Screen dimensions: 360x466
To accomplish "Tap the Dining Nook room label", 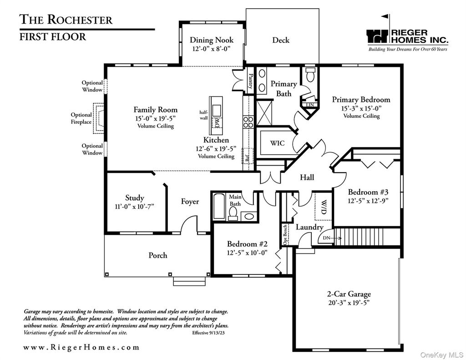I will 211,40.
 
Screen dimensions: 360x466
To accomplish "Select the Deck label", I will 281,40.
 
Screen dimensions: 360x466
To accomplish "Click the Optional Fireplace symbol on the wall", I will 99,118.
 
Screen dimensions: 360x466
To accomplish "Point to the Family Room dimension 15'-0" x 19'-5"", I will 156,118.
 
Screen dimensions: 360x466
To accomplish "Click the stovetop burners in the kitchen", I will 248,122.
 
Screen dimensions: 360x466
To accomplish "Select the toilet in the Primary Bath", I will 311,76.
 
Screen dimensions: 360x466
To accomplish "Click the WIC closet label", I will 277,143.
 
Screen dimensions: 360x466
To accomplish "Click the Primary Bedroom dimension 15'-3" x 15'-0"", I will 361,108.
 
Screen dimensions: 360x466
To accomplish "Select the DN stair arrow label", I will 326,238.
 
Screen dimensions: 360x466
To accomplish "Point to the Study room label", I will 135,198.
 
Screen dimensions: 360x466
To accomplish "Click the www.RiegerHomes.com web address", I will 81,347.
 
